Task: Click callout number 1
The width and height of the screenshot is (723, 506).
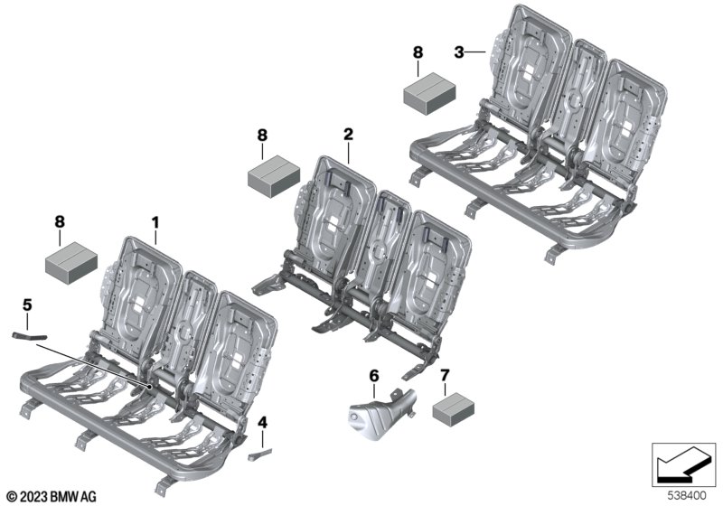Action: coord(155,222)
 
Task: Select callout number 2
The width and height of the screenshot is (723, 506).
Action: coord(348,135)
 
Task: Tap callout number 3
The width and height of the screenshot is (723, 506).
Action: coord(459,52)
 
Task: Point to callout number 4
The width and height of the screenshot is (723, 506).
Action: coord(262,422)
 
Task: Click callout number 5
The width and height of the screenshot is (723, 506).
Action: coord(27,305)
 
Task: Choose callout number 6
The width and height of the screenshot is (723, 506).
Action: coord(374,376)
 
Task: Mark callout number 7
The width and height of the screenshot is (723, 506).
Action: coord(445,376)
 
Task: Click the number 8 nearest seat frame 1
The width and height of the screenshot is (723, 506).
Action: coord(60,221)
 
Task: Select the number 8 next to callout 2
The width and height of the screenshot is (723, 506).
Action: coord(262,136)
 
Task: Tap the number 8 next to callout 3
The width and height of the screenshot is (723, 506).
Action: coord(418,52)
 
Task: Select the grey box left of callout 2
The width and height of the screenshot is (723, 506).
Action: coord(274,176)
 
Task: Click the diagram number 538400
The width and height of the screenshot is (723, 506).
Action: coord(687,496)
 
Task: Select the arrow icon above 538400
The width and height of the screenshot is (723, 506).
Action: coord(683,465)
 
